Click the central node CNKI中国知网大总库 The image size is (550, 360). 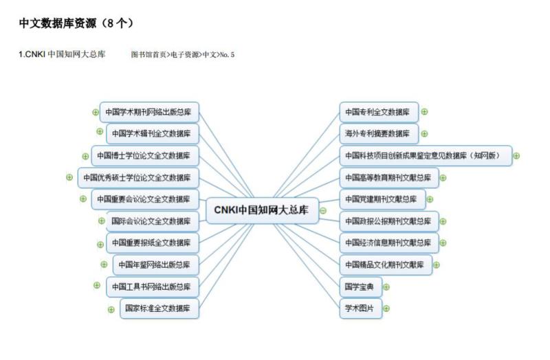pos(262,210)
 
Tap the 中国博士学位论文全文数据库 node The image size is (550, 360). pos(145,155)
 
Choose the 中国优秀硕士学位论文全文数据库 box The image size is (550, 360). pos(138,177)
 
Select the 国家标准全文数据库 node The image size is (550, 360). pos(159,308)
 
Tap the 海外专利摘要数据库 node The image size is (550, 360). pos(378,133)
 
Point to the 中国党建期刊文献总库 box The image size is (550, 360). pos(382,199)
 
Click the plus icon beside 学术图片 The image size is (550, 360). pos(386,308)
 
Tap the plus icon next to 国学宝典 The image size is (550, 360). pos(386,286)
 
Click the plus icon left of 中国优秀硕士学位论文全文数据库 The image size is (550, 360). pos(69,177)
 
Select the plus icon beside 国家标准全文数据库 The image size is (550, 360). pos(111,308)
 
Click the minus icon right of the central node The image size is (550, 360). pos(323,210)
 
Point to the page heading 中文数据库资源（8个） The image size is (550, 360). pos(76,23)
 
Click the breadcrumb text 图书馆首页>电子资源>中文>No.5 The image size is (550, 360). pos(183,54)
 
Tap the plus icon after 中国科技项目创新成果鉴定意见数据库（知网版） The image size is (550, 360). pos(516,155)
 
